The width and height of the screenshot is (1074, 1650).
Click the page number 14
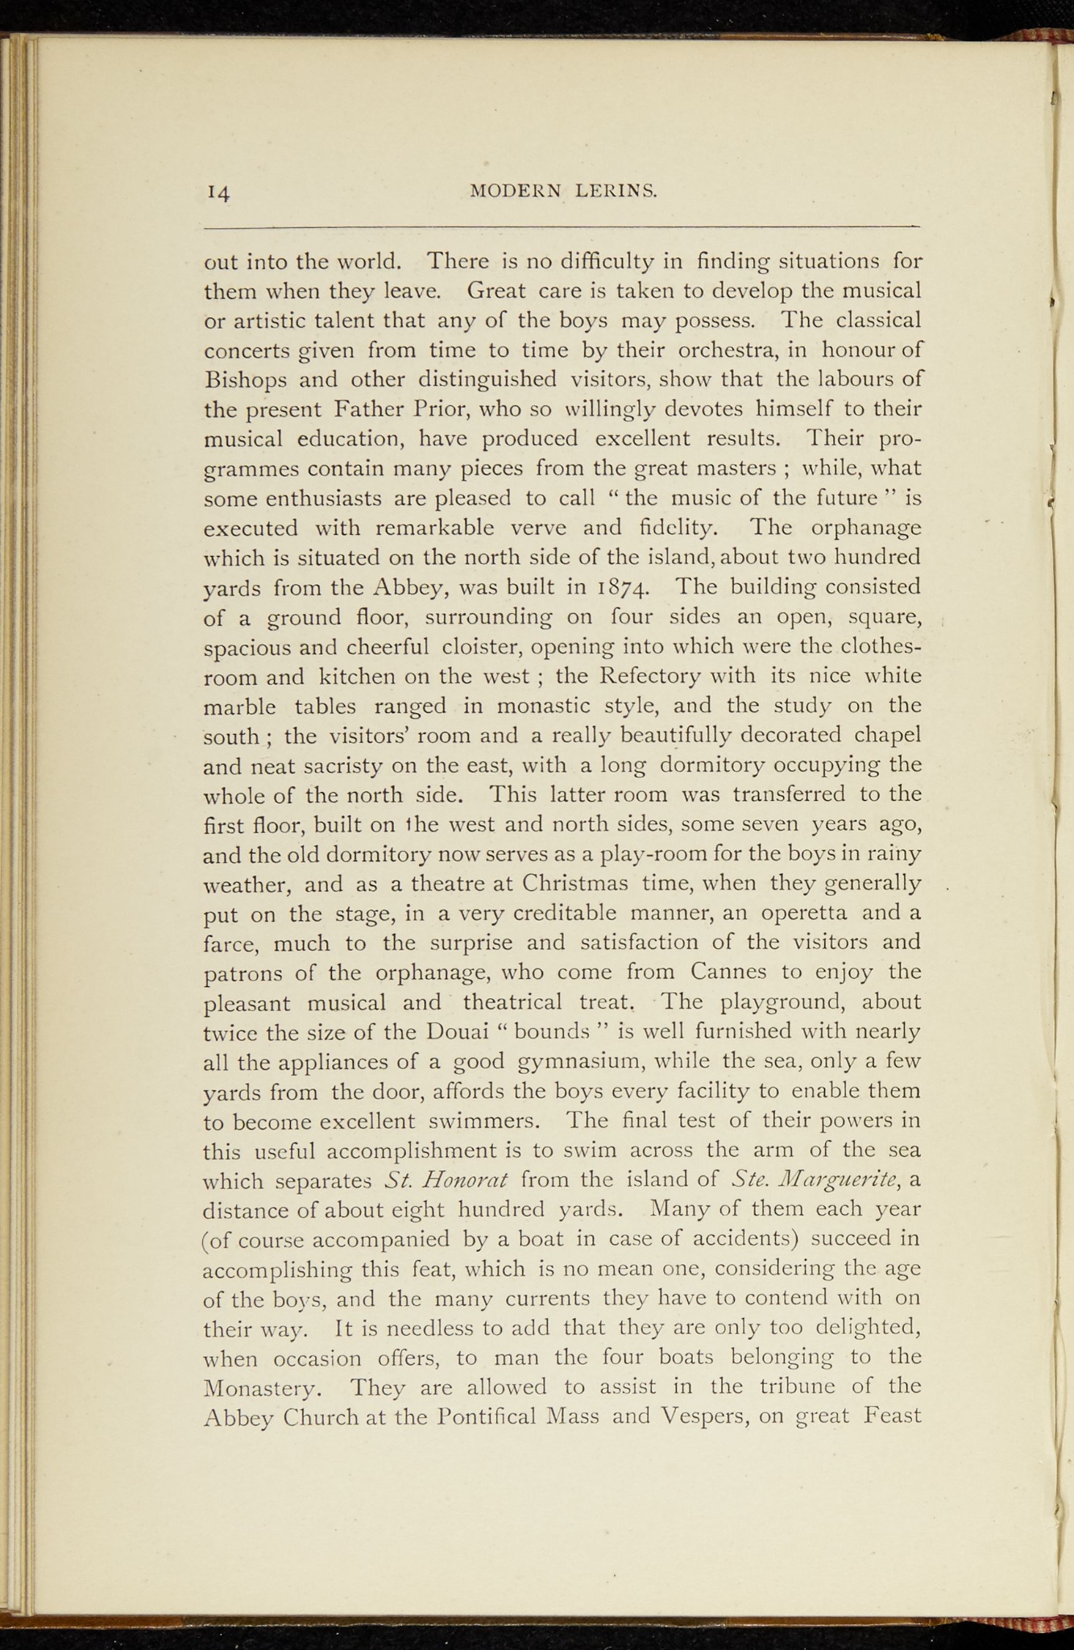point(218,193)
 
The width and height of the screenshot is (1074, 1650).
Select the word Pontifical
point(477,1417)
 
